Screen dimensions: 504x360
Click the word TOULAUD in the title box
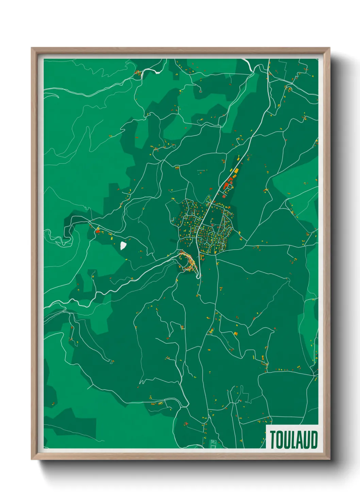294,440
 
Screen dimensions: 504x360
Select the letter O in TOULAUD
280,440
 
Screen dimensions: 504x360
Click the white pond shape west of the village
123,245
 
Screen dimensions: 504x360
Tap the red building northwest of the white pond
98,232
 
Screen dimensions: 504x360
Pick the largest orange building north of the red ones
236,170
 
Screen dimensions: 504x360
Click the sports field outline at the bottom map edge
213,444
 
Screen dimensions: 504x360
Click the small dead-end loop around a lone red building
201,91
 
